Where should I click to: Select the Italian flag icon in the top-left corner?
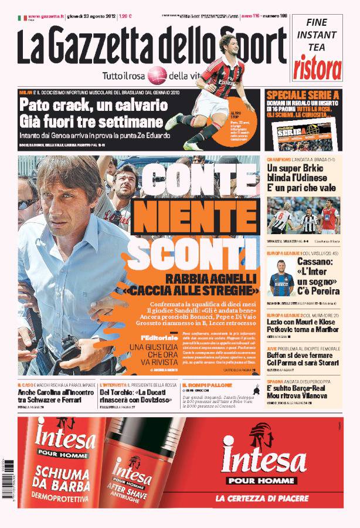click(x=21, y=18)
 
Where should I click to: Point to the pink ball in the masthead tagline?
click(x=157, y=75)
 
